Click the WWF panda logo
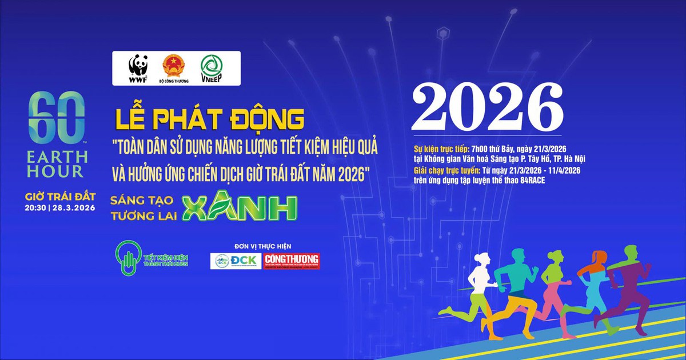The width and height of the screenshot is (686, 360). tap(138, 66)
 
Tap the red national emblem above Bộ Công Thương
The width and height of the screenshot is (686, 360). tap(172, 65)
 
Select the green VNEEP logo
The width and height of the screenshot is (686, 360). tap(211, 66)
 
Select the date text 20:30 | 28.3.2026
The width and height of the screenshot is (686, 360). tap(56, 209)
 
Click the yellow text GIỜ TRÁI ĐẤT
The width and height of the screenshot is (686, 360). tap(56, 197)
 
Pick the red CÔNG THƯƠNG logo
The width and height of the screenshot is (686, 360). tap(292, 261)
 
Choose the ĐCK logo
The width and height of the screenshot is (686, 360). tap(236, 261)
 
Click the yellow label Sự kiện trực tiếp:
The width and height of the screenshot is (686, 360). tap(441, 148)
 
